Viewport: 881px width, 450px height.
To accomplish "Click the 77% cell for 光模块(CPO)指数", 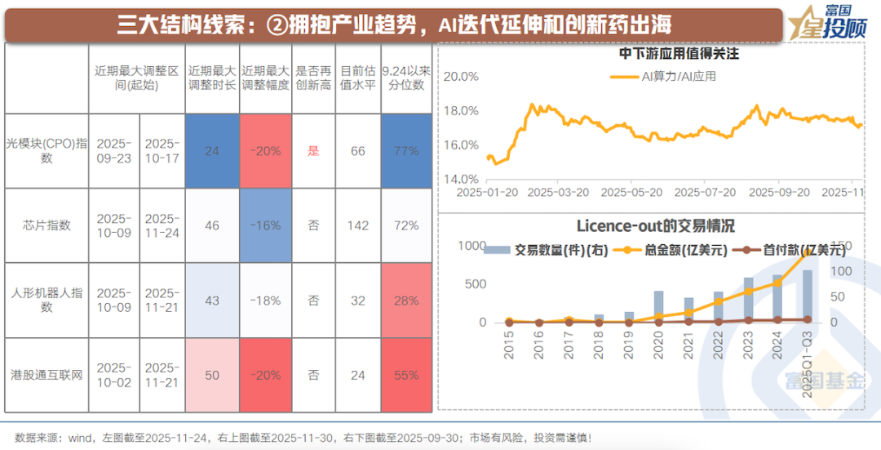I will coord(405,151).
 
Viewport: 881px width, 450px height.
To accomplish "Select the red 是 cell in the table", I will coord(312,151).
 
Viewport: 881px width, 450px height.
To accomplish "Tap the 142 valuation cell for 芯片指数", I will coord(357,225).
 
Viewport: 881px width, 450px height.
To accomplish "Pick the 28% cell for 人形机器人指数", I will coord(405,301).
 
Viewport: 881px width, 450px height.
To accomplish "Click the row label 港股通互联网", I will coord(46,376).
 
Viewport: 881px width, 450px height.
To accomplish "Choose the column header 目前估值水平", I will coord(357,77).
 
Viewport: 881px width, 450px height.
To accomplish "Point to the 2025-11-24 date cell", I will coord(162,225).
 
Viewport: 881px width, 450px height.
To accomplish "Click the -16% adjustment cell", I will coord(266,225).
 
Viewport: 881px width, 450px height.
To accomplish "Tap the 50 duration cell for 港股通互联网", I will coord(212,376).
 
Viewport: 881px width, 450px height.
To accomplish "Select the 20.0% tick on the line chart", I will coord(460,77).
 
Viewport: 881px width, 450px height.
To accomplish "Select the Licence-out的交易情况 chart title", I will coord(656,225).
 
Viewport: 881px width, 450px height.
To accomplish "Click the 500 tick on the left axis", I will coord(475,283).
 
